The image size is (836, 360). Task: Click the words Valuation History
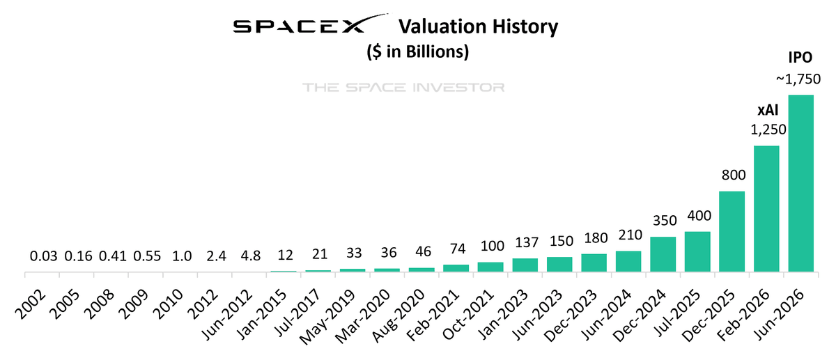point(478,27)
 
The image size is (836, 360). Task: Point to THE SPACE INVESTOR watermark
point(403,88)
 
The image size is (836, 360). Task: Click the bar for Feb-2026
point(766,209)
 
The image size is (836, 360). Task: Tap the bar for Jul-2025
point(697,251)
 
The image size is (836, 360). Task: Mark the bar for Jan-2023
point(525,265)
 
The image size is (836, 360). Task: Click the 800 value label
point(731,176)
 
